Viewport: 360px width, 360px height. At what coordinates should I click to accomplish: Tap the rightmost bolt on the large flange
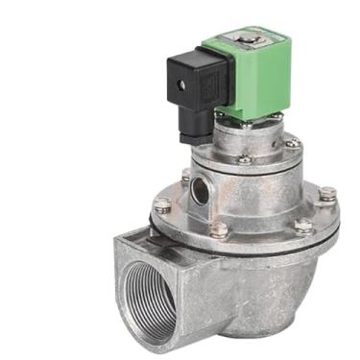[x=327, y=196]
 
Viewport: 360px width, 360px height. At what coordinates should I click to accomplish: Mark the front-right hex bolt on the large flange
[x=303, y=228]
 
